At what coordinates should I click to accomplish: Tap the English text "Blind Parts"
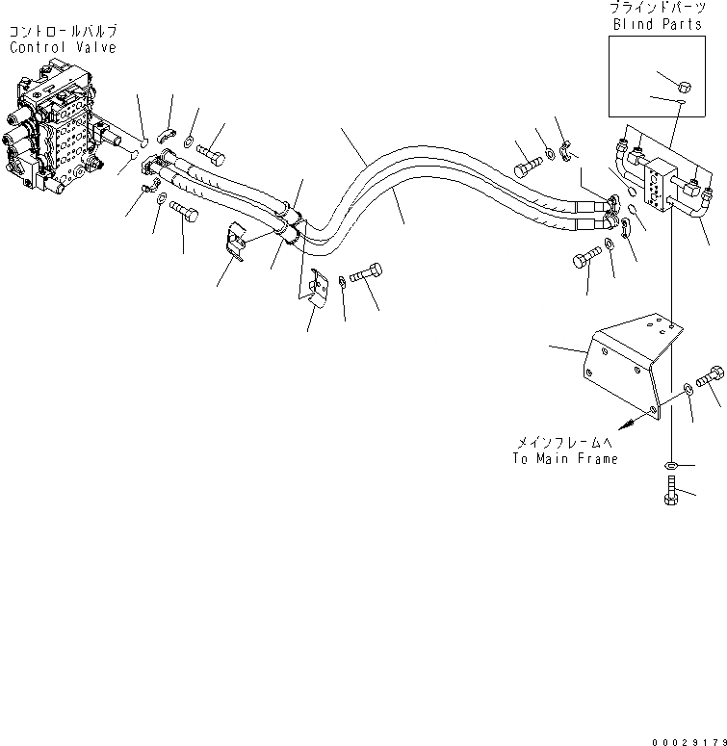656,25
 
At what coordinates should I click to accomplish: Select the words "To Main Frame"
564,459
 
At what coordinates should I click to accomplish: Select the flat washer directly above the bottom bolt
671,466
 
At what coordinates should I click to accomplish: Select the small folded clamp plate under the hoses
316,287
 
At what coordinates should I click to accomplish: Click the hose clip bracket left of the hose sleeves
234,244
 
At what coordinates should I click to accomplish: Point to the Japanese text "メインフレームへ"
564,443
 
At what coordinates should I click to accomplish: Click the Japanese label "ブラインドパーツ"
656,9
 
